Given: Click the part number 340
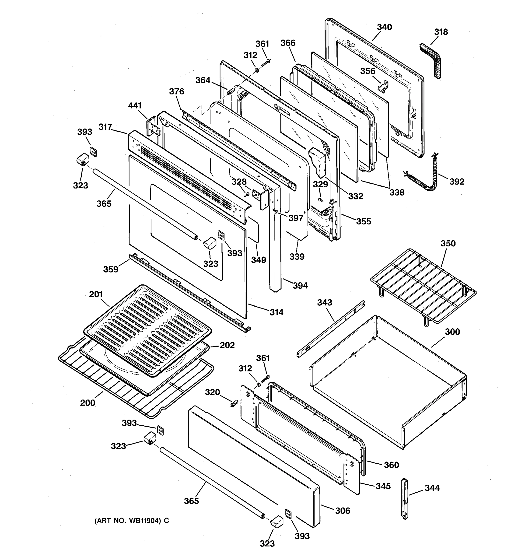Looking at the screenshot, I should [385, 27].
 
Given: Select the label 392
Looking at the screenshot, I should [457, 182].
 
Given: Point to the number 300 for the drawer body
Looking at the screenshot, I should [452, 332].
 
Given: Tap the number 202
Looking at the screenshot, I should [227, 345].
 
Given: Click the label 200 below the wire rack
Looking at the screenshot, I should [87, 403].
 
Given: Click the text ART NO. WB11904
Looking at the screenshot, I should [132, 521].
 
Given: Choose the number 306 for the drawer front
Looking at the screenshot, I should [343, 511].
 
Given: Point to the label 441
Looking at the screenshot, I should [135, 106].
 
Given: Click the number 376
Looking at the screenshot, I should [177, 91].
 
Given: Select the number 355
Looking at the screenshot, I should [364, 221].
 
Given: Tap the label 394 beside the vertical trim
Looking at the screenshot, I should [300, 286].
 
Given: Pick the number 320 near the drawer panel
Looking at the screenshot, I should [212, 392].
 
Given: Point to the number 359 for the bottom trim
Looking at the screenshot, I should [111, 269].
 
